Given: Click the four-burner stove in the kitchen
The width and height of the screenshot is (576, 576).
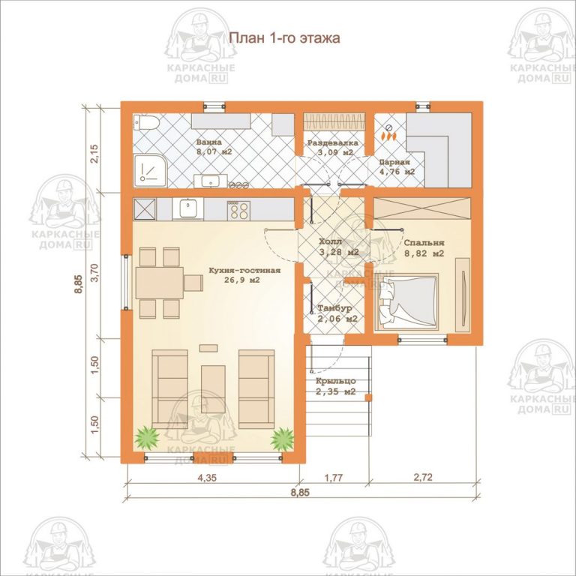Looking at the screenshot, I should pyautogui.click(x=239, y=209).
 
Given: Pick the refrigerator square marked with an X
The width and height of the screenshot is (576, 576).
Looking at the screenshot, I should pyautogui.click(x=144, y=208).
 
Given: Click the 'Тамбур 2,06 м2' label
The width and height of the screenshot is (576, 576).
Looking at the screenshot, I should pyautogui.click(x=336, y=313).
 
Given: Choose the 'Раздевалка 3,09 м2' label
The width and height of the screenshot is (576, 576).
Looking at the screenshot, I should pyautogui.click(x=333, y=147).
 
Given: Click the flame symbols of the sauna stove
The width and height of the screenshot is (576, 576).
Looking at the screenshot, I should pyautogui.click(x=388, y=136).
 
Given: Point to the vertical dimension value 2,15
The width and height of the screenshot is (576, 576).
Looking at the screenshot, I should pyautogui.click(x=94, y=153).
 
